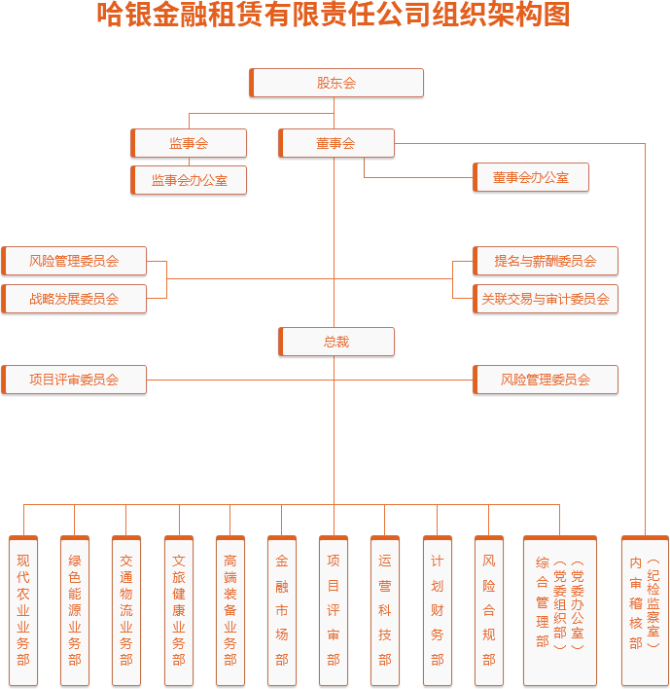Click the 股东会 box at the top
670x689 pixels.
336,83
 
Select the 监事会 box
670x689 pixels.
189,143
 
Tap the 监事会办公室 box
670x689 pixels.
189,180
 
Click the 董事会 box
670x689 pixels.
335,143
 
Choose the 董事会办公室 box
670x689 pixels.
530,177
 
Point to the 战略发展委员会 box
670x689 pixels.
74,299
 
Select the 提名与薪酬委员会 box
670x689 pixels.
545,261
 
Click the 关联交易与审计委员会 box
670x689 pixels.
545,299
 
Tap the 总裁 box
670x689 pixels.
335,342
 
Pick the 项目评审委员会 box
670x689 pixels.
74,380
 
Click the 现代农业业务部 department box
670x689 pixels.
23,609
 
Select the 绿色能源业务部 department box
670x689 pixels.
75,609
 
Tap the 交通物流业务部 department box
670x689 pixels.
126,609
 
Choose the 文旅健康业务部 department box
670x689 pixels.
179,609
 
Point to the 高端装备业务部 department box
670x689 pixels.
230,609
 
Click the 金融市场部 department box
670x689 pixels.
282,609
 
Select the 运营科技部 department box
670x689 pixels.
385,609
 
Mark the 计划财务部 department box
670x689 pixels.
438,609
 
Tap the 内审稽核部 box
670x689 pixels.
644,609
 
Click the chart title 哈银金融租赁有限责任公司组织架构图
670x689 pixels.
335,16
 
